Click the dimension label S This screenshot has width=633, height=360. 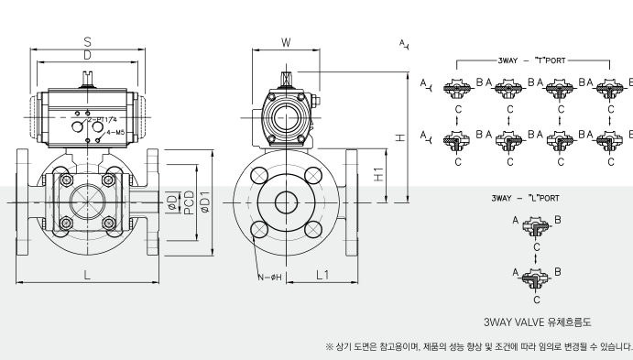point(87,41)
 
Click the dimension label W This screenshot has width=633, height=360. point(286,42)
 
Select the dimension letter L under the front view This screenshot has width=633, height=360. point(87,275)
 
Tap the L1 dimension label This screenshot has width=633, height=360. point(322,275)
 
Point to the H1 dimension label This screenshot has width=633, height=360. point(378,174)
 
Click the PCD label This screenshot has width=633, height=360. point(189,202)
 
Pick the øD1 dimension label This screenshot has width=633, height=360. point(204,202)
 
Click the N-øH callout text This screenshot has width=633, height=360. point(269,278)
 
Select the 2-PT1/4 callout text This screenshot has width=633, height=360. point(102,120)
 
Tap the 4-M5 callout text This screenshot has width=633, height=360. point(115,133)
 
